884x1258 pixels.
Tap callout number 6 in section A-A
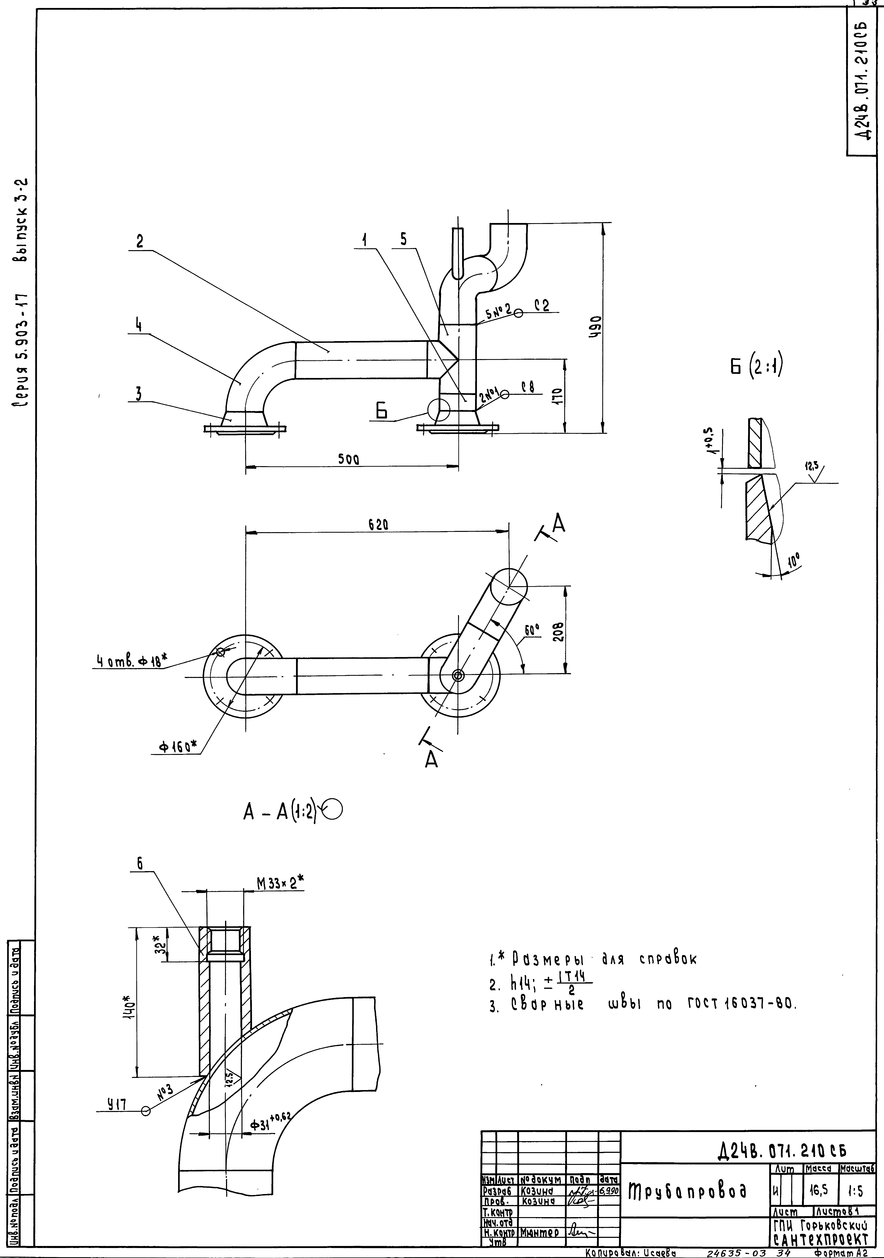point(140,864)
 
